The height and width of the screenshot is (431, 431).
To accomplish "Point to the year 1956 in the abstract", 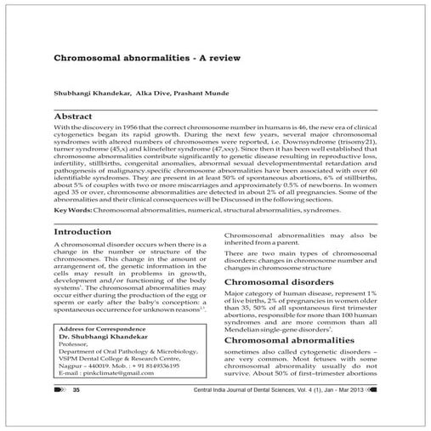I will (139, 126).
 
